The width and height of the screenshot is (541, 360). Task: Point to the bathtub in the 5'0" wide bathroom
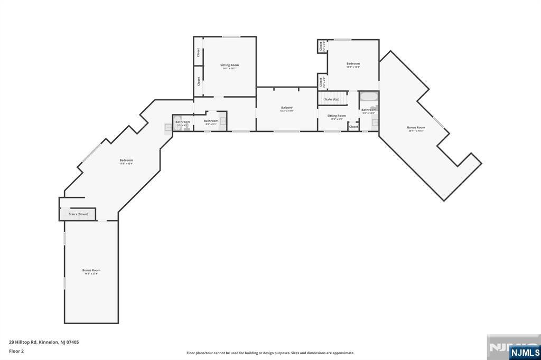pos(368,97)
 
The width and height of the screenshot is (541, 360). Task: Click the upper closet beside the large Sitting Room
pos(199,52)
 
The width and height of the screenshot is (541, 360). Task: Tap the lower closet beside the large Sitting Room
pos(199,81)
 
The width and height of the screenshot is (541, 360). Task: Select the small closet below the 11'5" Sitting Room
pos(353,127)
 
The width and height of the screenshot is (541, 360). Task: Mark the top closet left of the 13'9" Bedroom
pos(321,46)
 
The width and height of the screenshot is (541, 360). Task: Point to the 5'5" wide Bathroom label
pos(182,122)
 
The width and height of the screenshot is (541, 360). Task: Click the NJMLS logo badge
pos(525,352)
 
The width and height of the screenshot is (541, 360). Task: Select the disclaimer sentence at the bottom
pos(270,353)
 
